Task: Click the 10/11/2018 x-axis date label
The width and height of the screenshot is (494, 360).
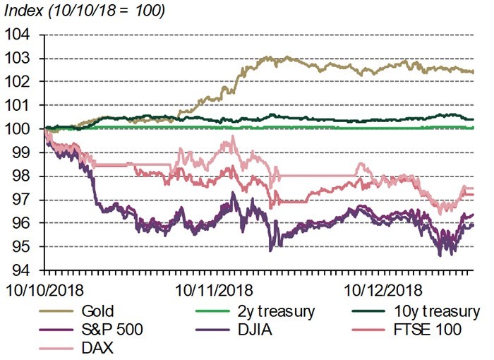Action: [x=208, y=289]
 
